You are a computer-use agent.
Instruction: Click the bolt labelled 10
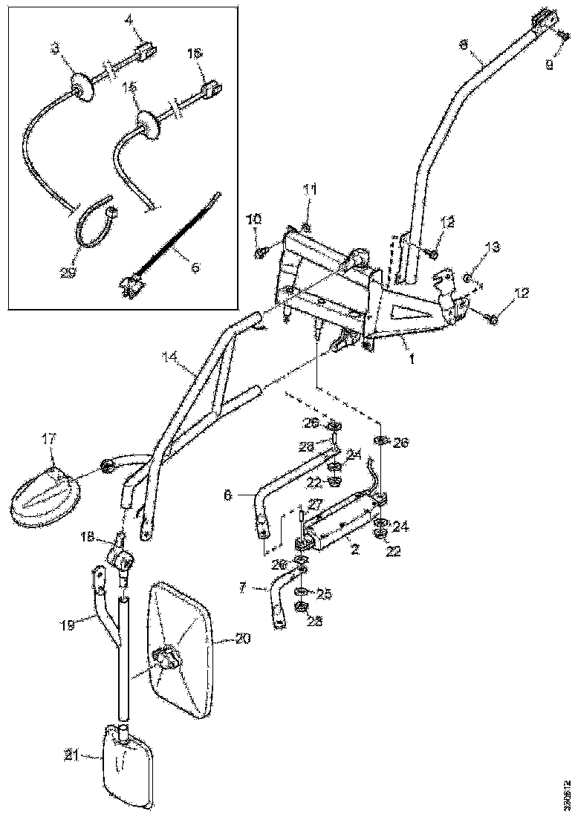click(262, 254)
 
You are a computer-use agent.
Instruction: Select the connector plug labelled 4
click(144, 54)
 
